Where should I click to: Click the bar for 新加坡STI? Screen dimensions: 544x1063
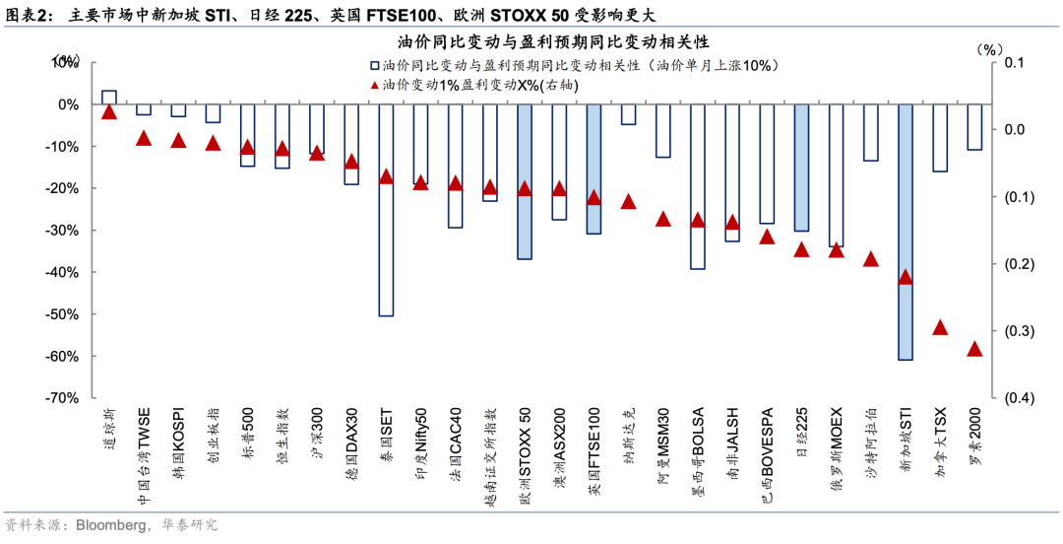pyautogui.click(x=906, y=232)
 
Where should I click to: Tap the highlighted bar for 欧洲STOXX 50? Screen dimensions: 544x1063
pyautogui.click(x=525, y=181)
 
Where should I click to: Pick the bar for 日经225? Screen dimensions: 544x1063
pyautogui.click(x=801, y=168)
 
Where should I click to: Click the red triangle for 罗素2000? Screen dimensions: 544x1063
pyautogui.click(x=974, y=349)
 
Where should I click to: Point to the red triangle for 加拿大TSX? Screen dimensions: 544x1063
pyautogui.click(x=940, y=327)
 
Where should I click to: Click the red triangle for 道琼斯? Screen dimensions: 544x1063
pyautogui.click(x=109, y=111)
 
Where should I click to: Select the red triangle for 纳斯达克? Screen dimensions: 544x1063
pyautogui.click(x=628, y=201)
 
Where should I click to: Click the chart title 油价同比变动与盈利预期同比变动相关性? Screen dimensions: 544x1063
pyautogui.click(x=538, y=42)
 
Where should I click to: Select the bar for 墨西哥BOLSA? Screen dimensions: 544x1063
pyautogui.click(x=697, y=186)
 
